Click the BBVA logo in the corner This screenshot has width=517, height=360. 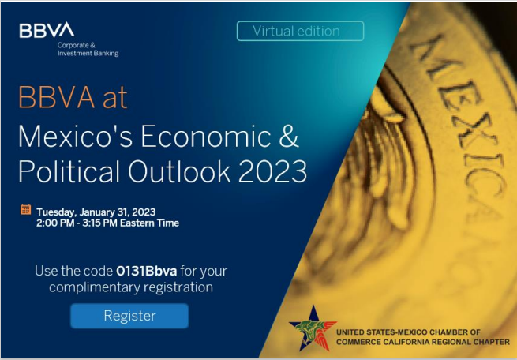(x=47, y=30)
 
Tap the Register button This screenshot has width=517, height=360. (x=129, y=316)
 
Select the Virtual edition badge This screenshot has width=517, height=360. (x=300, y=31)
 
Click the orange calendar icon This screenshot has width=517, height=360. (x=26, y=209)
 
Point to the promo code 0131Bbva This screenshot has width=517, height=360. (x=146, y=271)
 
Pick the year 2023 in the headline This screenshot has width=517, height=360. (x=272, y=171)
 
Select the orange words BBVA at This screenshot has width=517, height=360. (x=73, y=97)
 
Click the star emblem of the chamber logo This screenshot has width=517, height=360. (x=313, y=328)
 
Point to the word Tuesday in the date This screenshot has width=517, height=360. (x=56, y=212)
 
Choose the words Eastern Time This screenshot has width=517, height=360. (x=149, y=223)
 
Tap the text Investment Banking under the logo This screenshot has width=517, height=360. (x=88, y=53)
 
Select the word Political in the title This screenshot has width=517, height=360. (x=69, y=171)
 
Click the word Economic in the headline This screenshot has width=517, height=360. (x=206, y=136)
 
